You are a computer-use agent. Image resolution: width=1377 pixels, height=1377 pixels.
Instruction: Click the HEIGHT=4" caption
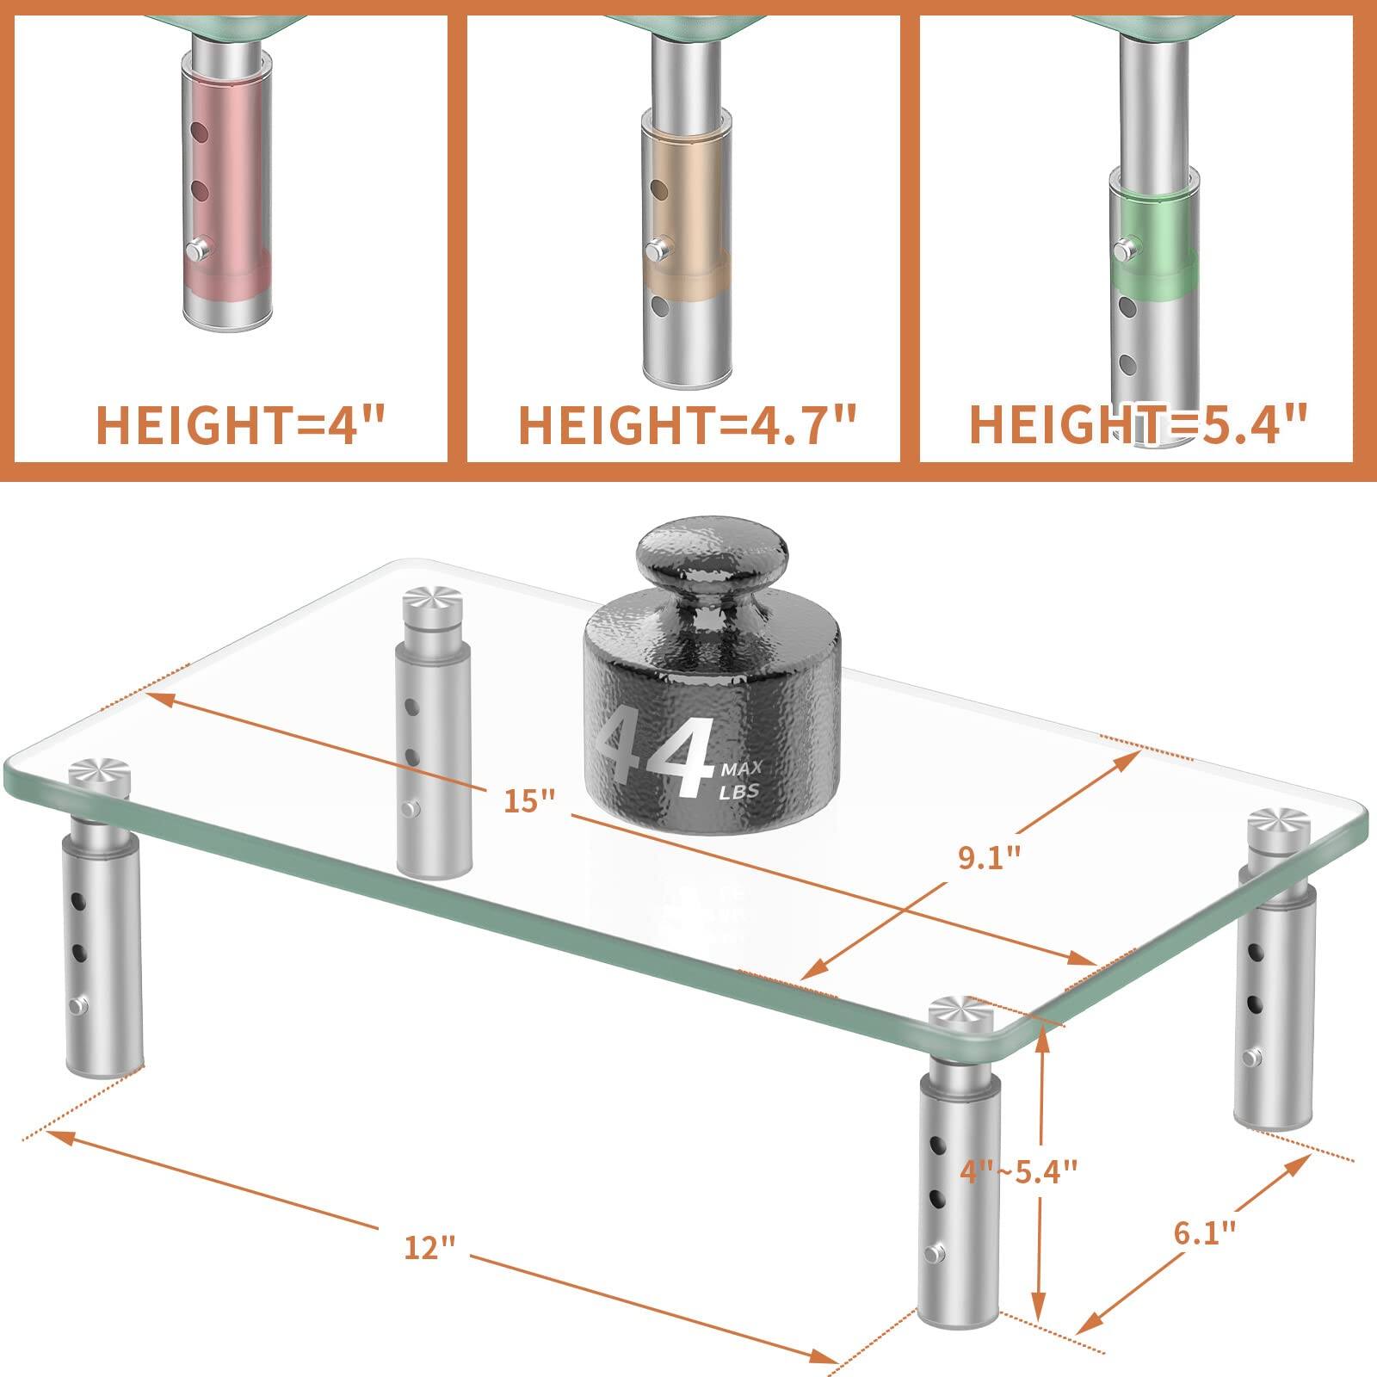point(240,425)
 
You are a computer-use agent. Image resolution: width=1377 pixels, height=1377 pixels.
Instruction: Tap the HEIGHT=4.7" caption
point(688,425)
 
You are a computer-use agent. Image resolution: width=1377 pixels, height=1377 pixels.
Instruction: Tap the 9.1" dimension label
point(990,857)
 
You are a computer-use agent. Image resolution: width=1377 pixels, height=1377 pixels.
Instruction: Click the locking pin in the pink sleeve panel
point(195,250)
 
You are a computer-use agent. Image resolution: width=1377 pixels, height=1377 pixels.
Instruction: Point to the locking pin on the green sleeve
point(1122,250)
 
